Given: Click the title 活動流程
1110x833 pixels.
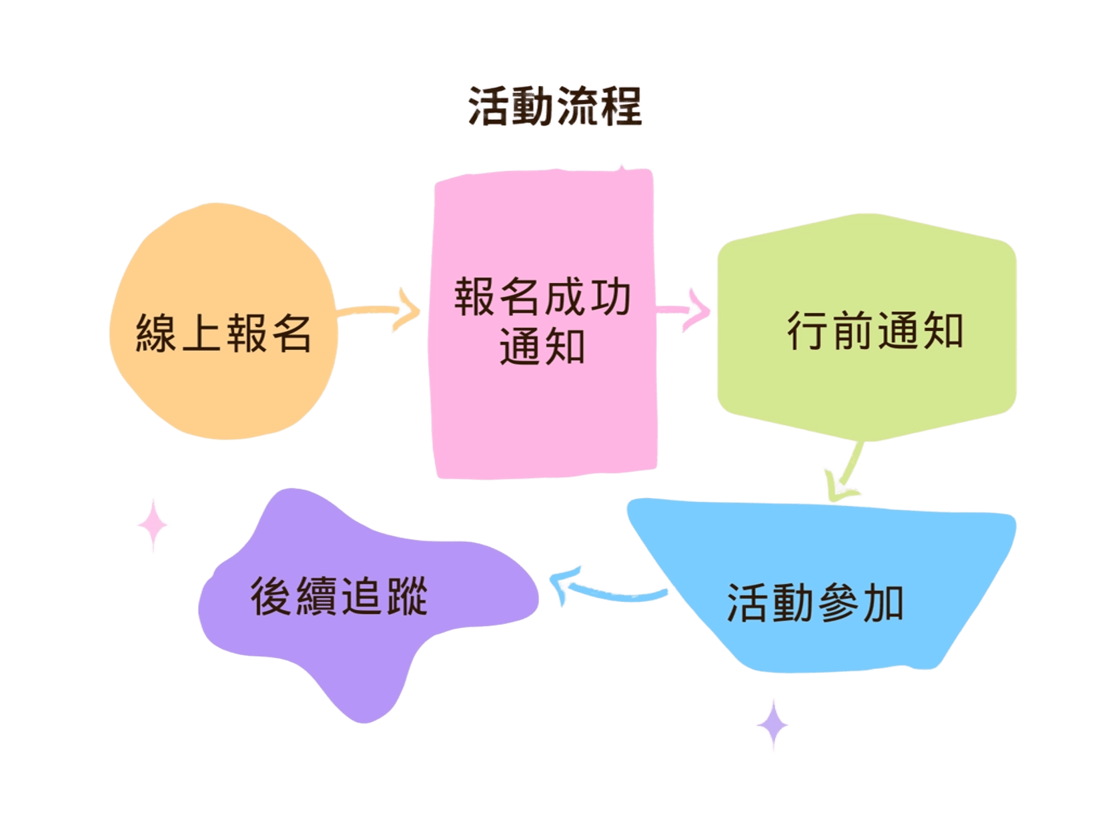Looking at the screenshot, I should tap(555, 105).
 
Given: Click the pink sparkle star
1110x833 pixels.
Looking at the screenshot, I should tap(153, 524).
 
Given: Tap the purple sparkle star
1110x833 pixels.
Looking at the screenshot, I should tap(773, 724).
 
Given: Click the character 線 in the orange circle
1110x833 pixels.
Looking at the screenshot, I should tap(156, 332).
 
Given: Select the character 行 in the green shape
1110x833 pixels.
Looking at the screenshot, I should tap(808, 330).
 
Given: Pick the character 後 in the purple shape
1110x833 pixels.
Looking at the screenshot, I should tap(271, 596).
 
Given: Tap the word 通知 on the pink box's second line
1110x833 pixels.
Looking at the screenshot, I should tap(542, 346).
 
